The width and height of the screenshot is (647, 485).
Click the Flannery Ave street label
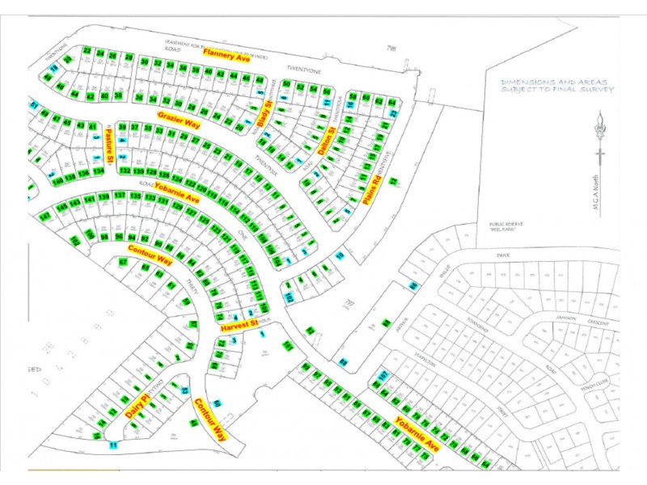coord(227,54)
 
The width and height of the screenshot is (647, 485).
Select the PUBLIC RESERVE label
coord(504,224)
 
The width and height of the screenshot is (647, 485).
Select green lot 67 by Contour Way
coord(124,263)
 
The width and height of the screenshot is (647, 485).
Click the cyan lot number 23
coord(394,113)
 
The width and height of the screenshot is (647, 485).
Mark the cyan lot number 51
coord(34,105)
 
